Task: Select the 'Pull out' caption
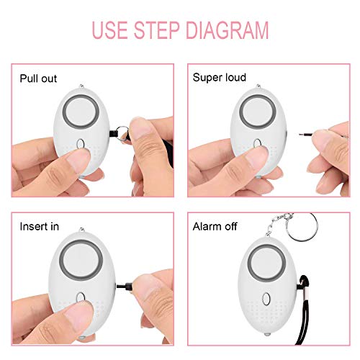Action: pos(38,78)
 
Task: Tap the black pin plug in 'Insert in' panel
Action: pos(127,286)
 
